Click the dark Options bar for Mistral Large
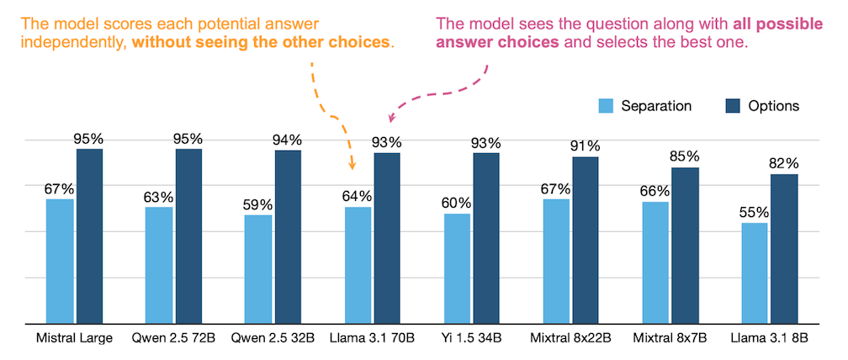[x=89, y=236]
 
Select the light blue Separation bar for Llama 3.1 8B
[x=754, y=273]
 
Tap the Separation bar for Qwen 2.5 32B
[x=258, y=269]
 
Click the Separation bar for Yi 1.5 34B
[x=457, y=268]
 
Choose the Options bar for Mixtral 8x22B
[x=586, y=240]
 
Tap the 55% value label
[x=754, y=212]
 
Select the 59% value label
[x=258, y=204]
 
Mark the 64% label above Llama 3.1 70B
[x=357, y=196]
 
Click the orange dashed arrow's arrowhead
[x=352, y=167]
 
